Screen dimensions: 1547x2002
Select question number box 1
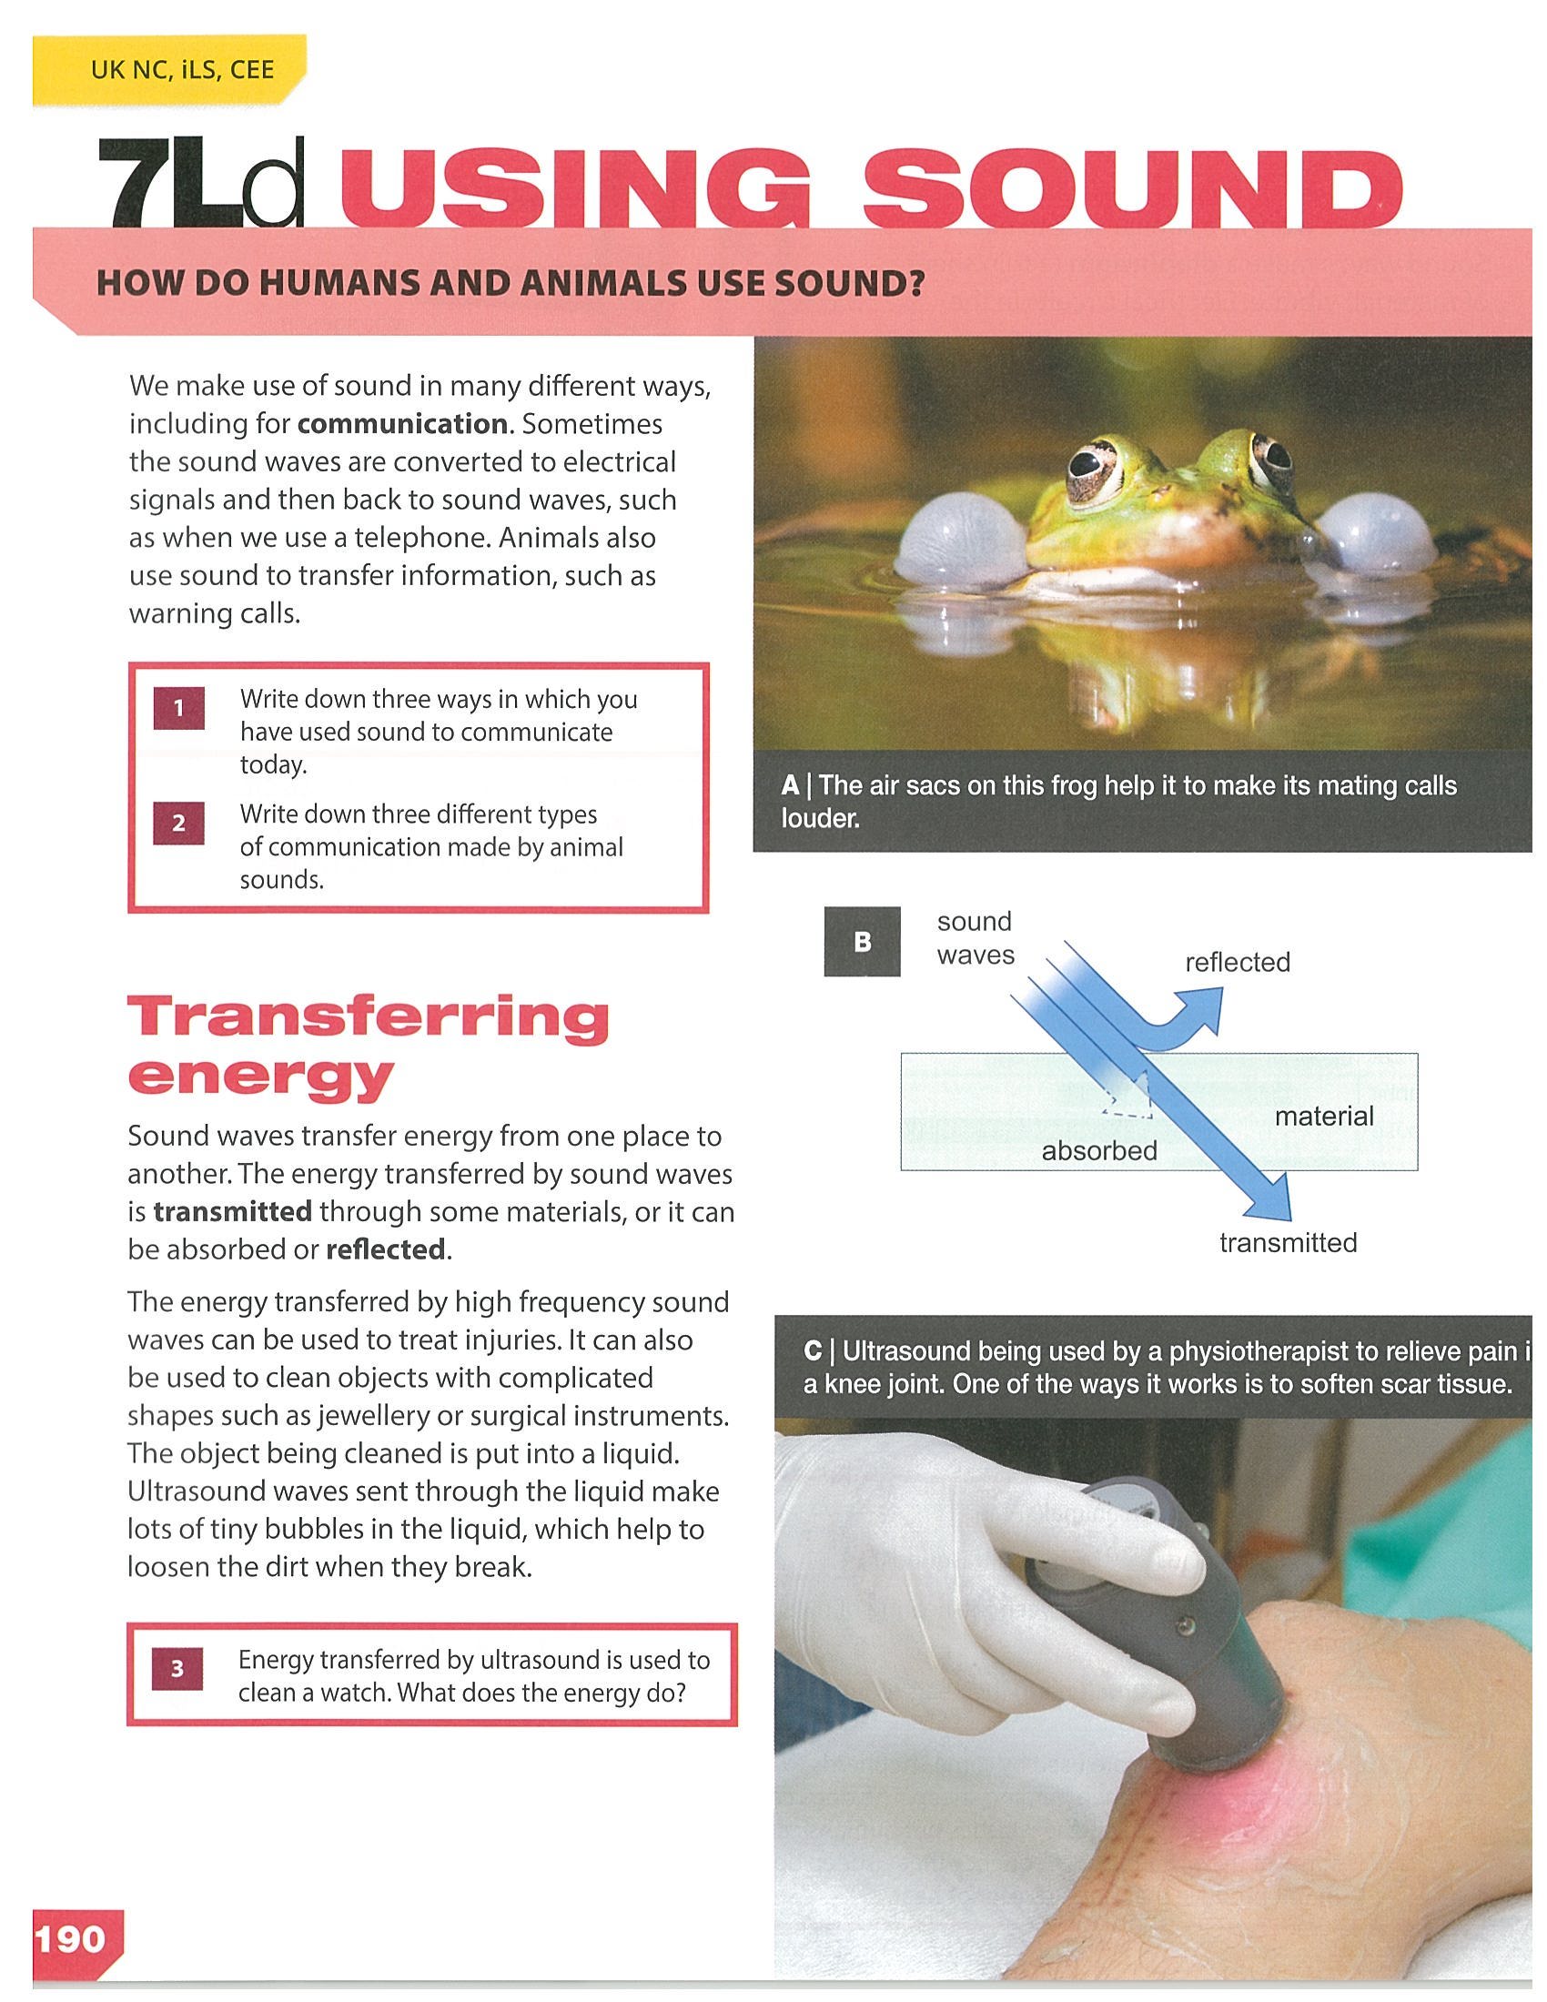[x=178, y=708]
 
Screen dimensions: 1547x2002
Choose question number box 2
[x=178, y=823]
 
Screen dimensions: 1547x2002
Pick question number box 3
[x=177, y=1669]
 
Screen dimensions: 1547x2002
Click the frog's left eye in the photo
[x=1090, y=468]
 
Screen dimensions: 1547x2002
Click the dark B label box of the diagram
[x=862, y=942]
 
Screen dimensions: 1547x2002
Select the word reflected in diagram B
[x=1238, y=962]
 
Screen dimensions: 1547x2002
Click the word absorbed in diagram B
[x=1099, y=1150]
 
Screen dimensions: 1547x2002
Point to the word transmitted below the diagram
[x=1288, y=1242]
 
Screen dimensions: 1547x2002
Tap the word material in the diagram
[x=1324, y=1116]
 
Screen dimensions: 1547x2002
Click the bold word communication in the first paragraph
[x=402, y=423]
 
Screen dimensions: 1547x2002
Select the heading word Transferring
[x=369, y=1017]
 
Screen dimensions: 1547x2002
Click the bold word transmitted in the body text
[x=233, y=1211]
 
